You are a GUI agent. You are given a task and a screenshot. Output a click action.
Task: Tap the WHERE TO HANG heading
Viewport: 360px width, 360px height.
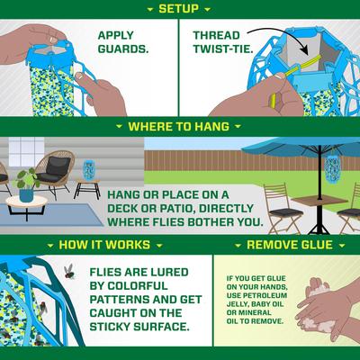point(180,127)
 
